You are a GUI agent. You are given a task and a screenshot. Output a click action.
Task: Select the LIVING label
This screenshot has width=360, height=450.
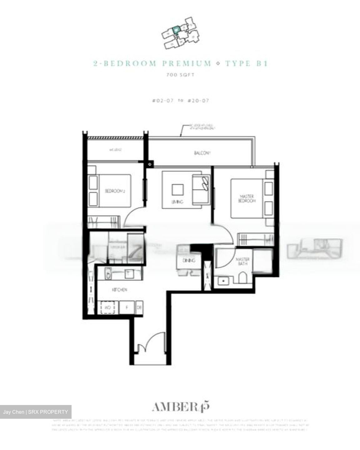[x=177, y=202]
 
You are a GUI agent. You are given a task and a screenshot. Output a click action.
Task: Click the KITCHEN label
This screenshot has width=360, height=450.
[x=120, y=290]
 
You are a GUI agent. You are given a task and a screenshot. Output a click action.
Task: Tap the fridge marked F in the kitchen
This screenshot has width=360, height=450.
[x=127, y=308]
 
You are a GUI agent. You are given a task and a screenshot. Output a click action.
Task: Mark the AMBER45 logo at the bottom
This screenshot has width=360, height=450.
[x=180, y=407]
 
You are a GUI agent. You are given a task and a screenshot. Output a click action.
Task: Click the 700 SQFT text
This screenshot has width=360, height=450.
[x=180, y=75]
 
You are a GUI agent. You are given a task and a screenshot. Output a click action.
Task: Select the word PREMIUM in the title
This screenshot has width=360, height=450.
[x=187, y=64]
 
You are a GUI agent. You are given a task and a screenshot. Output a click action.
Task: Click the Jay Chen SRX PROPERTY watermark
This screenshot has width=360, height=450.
[x=36, y=412]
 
